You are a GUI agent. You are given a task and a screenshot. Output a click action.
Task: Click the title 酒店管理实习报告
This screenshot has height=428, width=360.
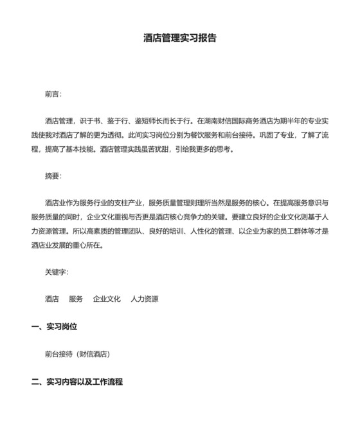[180, 38]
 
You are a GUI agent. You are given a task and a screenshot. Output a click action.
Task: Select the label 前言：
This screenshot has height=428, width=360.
[53, 94]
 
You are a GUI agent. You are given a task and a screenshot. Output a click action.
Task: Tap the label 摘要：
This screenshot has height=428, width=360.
[53, 176]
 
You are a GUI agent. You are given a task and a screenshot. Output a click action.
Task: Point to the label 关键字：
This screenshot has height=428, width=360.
[57, 272]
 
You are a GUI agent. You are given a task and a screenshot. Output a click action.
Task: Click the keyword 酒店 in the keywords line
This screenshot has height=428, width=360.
[52, 299]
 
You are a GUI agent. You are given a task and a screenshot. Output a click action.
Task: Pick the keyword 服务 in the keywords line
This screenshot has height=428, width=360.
[76, 299]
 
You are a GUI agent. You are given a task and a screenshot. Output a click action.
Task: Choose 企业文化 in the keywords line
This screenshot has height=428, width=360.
[107, 299]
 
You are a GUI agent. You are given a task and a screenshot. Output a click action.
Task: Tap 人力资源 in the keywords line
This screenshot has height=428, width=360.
[145, 299]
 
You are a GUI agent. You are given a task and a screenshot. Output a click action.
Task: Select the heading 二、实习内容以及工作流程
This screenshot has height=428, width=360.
[76, 382]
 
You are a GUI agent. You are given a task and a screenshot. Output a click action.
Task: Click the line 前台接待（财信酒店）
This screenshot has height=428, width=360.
[78, 354]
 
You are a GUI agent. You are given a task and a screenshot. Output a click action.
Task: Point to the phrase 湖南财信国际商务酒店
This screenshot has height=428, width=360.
[242, 120]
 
